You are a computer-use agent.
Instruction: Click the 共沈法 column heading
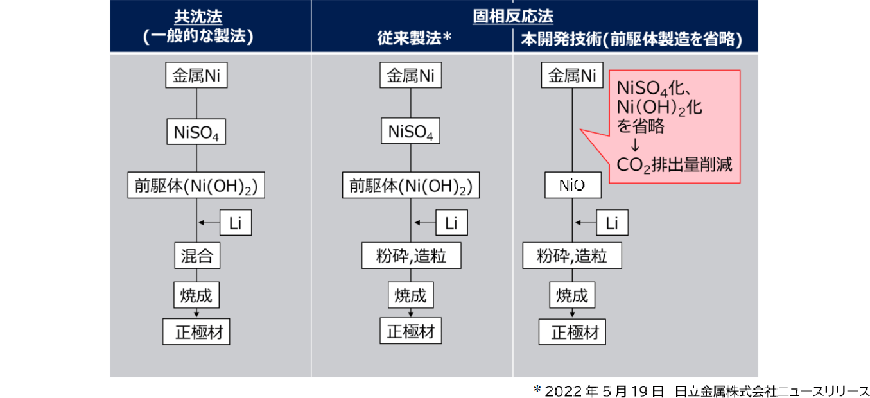(198, 17)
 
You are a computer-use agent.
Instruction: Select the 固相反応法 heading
(512, 16)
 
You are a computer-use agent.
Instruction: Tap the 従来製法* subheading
(414, 38)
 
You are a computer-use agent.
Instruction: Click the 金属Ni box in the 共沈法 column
(196, 75)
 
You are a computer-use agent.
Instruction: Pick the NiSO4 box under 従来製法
(410, 131)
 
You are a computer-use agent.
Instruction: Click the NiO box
(573, 186)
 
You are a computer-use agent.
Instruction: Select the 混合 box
(197, 255)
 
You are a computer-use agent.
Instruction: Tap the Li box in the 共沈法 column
(236, 223)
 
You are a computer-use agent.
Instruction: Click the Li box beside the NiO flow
(612, 223)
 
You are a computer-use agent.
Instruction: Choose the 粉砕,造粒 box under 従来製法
(412, 255)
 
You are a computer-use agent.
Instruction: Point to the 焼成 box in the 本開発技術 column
(572, 295)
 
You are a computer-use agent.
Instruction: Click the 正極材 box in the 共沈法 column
(196, 332)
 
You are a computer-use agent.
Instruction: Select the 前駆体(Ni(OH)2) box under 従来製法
(411, 186)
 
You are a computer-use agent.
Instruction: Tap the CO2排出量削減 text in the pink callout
(674, 165)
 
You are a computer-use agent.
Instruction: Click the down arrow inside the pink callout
(635, 145)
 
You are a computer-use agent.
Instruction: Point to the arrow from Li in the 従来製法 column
(425, 223)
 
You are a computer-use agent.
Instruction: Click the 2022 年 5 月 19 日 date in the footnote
(604, 391)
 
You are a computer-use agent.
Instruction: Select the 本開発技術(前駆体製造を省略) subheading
(632, 39)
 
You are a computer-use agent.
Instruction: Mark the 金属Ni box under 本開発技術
(572, 75)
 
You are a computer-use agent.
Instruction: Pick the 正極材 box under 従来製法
(411, 331)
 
